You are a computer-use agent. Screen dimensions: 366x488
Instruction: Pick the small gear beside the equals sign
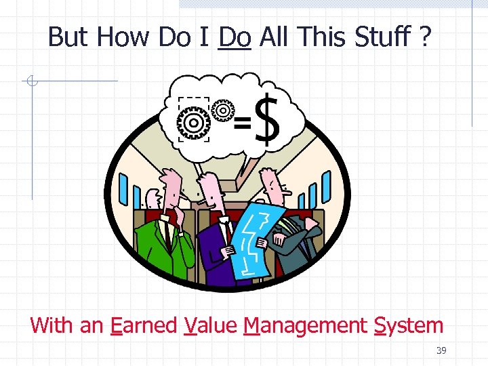(222, 109)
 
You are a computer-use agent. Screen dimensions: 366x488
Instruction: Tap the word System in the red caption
(409, 325)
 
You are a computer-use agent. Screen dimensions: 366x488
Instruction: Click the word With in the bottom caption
(53, 325)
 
